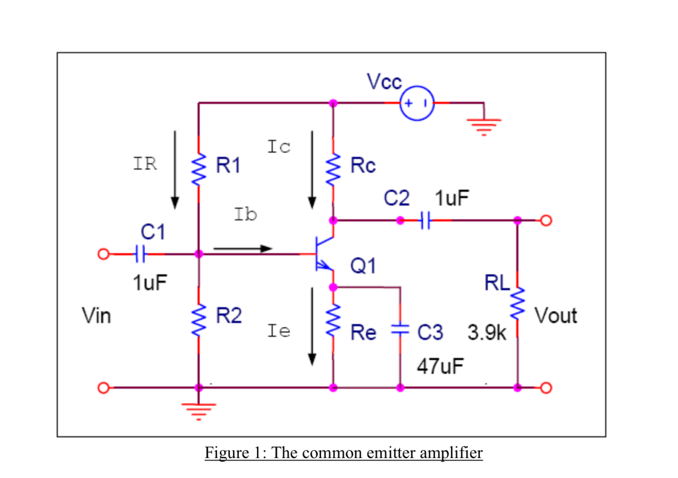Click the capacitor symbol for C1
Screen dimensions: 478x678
[140, 254]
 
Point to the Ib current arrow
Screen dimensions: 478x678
[242, 249]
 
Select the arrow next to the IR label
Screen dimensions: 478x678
[175, 169]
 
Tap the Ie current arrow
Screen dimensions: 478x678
[312, 325]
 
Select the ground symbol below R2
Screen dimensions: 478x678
[198, 408]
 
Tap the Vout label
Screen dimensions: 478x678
[556, 316]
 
